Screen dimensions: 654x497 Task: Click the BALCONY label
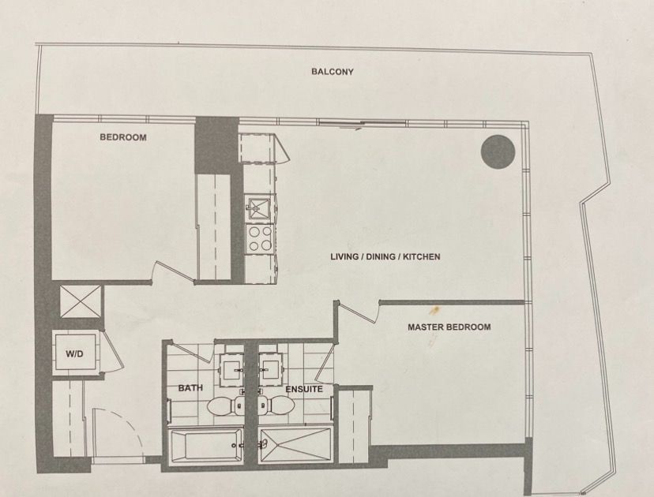point(333,72)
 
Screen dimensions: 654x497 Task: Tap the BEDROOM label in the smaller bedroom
point(123,137)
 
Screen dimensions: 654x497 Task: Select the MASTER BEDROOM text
point(449,327)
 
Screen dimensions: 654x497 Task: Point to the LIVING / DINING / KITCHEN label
point(385,256)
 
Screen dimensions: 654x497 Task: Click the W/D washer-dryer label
point(74,354)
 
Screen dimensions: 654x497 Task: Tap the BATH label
point(190,388)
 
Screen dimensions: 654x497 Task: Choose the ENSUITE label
point(304,389)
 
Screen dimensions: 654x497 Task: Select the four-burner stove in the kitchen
point(259,239)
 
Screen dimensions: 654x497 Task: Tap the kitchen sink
point(259,208)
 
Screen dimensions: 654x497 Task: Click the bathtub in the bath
point(205,446)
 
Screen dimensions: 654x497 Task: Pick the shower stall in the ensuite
point(295,445)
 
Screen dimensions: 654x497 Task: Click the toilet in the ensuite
point(276,405)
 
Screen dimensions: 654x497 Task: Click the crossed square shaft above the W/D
point(81,301)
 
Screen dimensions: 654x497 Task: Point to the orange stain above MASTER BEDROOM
point(434,310)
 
